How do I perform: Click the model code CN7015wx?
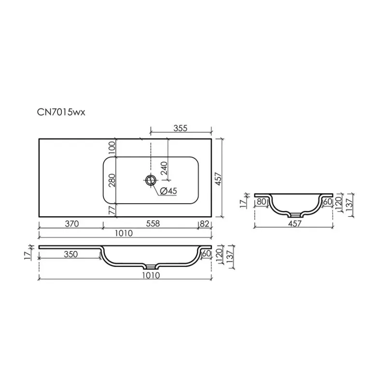[x=61, y=112]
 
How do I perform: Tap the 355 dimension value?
[x=180, y=128]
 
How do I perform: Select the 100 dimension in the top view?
[x=112, y=148]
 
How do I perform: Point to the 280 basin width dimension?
[x=112, y=180]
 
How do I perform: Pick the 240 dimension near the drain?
[x=164, y=168]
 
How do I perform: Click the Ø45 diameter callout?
[x=168, y=191]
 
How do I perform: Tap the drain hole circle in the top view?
[x=151, y=180]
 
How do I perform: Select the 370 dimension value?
[x=72, y=224]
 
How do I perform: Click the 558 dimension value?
[x=153, y=223]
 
